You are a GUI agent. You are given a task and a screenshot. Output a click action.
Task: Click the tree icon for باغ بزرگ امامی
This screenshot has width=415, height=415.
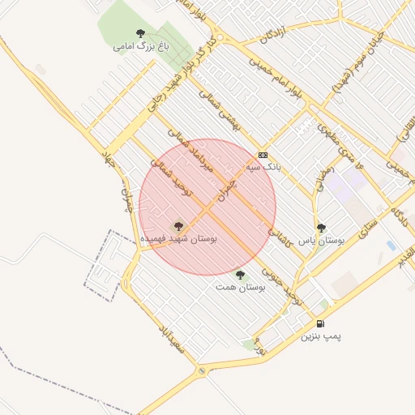[141, 34]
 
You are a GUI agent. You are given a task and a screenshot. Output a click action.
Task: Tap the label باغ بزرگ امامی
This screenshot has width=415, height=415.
[135, 47]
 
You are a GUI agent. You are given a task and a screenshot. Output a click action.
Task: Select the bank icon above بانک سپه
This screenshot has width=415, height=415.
[263, 155]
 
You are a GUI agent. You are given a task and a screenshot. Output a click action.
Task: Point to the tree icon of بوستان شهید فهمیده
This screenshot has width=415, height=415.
[178, 227]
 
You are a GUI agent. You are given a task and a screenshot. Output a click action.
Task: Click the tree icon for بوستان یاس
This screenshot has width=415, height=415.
[321, 229]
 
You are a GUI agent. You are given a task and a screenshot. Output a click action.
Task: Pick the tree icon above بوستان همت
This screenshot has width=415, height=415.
[239, 274]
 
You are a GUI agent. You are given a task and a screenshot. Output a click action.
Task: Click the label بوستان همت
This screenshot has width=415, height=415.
[238, 286]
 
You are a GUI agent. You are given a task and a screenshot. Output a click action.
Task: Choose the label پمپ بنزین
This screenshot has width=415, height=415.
[321, 336]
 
